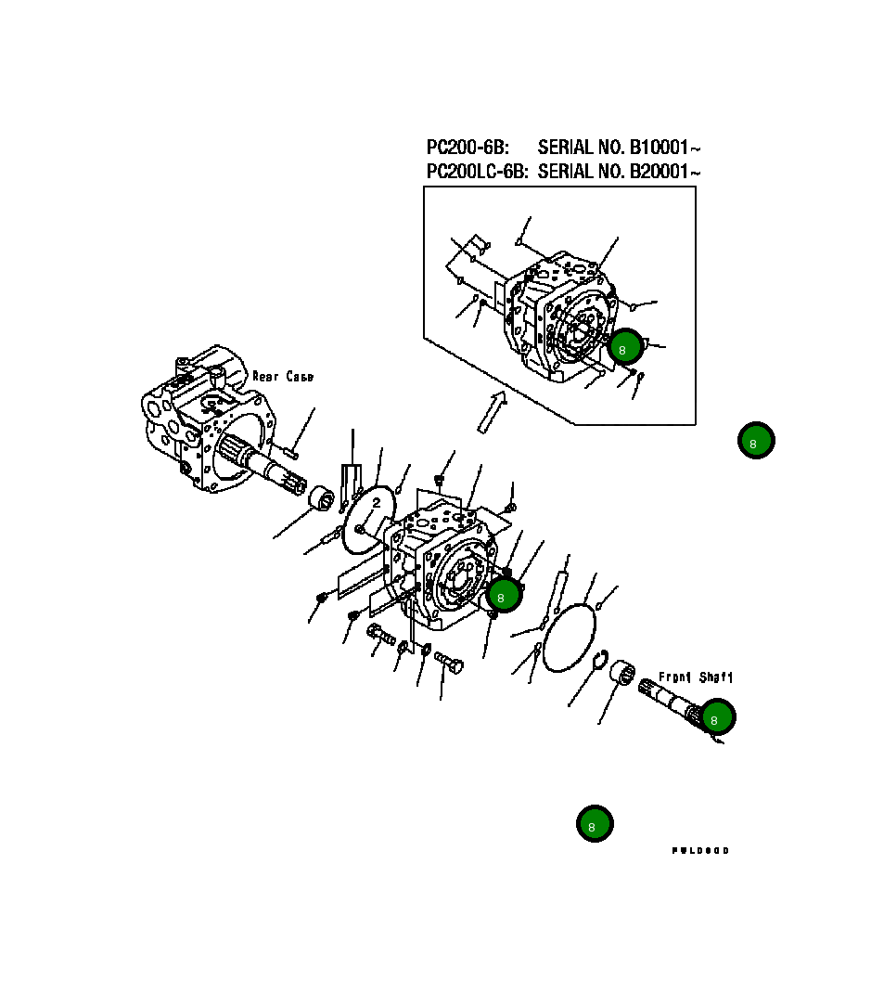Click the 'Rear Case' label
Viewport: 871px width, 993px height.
coord(283,377)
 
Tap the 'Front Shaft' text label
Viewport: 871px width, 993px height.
coord(695,677)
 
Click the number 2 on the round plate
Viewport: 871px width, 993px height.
coord(377,503)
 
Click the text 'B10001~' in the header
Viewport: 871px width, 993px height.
coord(665,148)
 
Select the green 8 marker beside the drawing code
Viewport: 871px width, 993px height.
coord(594,823)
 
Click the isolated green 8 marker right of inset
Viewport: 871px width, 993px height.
coord(755,441)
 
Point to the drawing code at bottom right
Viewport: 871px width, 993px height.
coord(700,850)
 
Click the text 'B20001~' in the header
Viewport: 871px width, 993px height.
coord(665,172)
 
